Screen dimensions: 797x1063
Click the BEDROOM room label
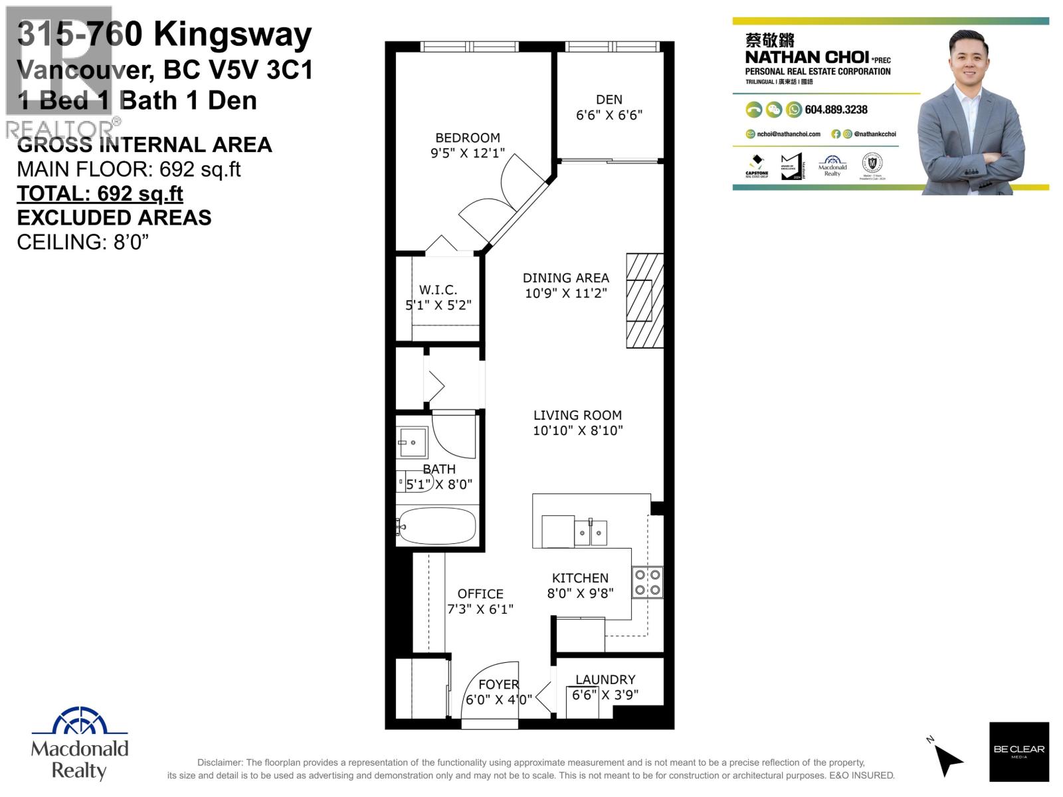click(467, 137)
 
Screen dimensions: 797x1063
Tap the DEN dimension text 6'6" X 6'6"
click(609, 115)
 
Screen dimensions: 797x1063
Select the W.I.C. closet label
click(438, 290)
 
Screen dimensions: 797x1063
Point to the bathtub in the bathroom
click(437, 527)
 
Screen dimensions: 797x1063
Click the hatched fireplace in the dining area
click(644, 300)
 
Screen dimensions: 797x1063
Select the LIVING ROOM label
click(577, 415)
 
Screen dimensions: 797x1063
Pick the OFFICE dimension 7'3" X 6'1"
click(480, 609)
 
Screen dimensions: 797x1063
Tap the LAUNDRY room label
click(605, 679)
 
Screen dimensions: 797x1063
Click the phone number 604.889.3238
click(836, 110)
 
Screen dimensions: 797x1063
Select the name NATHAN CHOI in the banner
click(807, 57)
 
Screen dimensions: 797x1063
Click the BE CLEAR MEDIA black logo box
click(1019, 751)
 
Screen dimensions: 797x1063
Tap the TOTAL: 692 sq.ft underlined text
click(100, 193)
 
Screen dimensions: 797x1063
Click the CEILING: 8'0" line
click(82, 242)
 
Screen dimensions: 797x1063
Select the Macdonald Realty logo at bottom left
click(80, 744)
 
